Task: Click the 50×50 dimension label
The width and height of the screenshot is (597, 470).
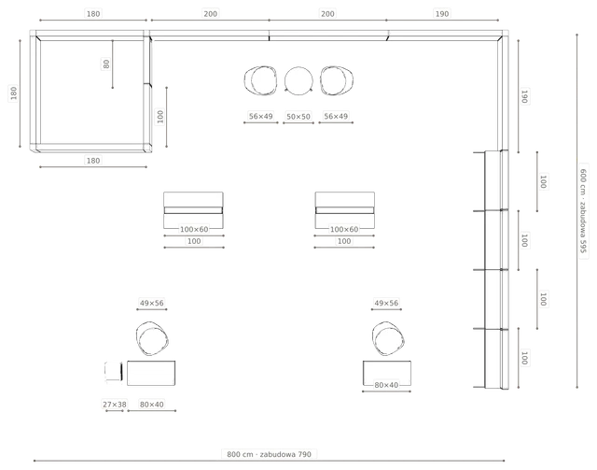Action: click(x=298, y=117)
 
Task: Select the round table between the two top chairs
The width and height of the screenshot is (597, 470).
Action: click(x=298, y=80)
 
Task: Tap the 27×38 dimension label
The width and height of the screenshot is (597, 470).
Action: click(x=114, y=405)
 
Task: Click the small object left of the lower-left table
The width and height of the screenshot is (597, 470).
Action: click(x=114, y=372)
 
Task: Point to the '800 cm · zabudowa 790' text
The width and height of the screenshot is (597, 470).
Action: click(x=270, y=454)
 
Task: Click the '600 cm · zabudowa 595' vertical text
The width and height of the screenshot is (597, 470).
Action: click(x=583, y=211)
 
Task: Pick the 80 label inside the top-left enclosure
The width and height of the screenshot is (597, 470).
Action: click(x=106, y=64)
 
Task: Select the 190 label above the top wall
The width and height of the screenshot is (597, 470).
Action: click(x=441, y=14)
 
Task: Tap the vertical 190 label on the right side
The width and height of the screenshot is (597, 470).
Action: click(x=524, y=96)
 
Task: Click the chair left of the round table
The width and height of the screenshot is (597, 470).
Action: click(x=260, y=80)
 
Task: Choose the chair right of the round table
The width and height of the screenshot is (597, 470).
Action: click(x=337, y=80)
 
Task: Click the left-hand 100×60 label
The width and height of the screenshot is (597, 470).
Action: click(x=194, y=229)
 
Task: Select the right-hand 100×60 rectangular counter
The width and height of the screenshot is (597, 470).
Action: click(x=344, y=210)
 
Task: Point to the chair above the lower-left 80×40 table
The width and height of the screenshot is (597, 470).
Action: click(x=152, y=338)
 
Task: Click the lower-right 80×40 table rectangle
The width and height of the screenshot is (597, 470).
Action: click(x=387, y=373)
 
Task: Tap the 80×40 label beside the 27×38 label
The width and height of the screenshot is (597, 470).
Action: click(x=151, y=405)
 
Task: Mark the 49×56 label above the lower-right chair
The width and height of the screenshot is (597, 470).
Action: click(x=386, y=304)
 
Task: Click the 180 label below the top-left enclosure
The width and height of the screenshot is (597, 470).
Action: click(x=93, y=161)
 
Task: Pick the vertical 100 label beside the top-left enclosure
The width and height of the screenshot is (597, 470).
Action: click(x=160, y=117)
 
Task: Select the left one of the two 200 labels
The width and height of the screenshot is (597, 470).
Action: click(x=210, y=14)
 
